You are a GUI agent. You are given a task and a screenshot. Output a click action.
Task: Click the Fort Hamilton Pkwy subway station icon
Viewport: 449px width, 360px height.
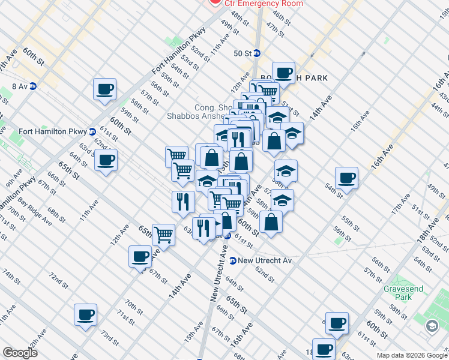92,131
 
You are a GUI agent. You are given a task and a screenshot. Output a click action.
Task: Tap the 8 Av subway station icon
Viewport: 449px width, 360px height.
33,86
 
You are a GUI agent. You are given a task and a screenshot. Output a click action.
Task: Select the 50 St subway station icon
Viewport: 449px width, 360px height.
256,53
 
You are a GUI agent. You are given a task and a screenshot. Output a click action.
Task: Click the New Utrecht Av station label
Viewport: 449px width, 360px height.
265,260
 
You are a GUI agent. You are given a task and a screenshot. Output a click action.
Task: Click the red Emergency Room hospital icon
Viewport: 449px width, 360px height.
214,2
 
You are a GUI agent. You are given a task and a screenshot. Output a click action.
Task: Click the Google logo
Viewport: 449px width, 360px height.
20,353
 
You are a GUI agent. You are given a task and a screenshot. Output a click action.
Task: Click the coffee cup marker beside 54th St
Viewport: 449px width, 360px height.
347,178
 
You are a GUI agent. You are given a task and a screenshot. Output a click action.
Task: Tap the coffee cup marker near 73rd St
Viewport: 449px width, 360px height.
85,314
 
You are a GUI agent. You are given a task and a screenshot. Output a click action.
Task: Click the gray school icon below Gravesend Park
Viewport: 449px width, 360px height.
432,326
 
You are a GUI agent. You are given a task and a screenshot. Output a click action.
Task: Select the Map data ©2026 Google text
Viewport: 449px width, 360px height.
411,355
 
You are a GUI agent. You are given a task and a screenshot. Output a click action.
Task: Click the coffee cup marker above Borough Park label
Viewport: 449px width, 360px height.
283,73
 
